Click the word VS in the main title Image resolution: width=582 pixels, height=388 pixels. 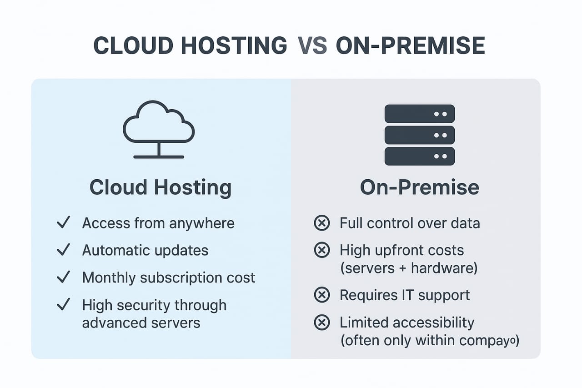point(312,45)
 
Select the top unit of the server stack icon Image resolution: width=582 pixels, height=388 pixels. point(420,114)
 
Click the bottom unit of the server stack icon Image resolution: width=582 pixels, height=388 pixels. point(420,156)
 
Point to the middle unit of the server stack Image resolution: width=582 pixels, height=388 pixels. point(420,135)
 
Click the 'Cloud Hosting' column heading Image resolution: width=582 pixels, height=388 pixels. point(161,188)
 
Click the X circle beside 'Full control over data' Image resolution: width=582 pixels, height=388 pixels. point(322,223)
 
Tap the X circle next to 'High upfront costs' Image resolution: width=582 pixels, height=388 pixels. point(322,250)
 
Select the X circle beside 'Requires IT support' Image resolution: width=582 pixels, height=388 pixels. point(322,295)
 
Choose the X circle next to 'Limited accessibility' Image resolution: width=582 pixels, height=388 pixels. point(322,322)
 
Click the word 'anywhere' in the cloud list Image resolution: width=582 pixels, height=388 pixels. point(202,223)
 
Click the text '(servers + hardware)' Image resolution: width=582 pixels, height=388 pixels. point(409,268)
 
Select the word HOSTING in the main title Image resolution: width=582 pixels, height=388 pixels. point(234,45)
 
